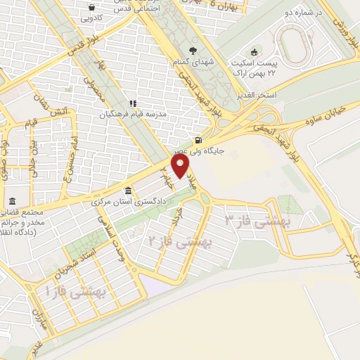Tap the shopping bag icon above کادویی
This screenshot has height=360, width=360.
click(x=91, y=8)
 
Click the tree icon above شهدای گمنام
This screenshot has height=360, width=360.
click(x=193, y=51)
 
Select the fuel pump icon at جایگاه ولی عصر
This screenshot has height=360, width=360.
click(x=198, y=139)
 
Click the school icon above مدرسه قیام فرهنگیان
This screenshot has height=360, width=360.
click(x=131, y=103)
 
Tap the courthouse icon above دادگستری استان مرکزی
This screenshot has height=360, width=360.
click(x=127, y=191)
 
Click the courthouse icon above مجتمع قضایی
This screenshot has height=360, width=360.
click(x=12, y=202)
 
